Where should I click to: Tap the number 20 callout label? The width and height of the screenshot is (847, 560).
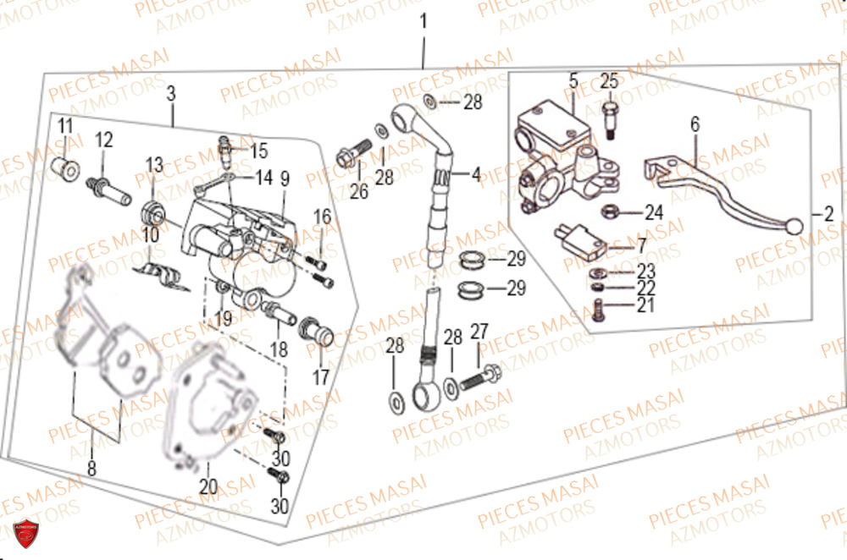coord(208,486)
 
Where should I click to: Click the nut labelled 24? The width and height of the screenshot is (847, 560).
coord(610,211)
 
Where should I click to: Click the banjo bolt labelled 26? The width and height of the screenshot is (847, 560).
coord(348,156)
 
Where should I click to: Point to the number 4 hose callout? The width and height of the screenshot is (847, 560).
coord(475,175)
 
